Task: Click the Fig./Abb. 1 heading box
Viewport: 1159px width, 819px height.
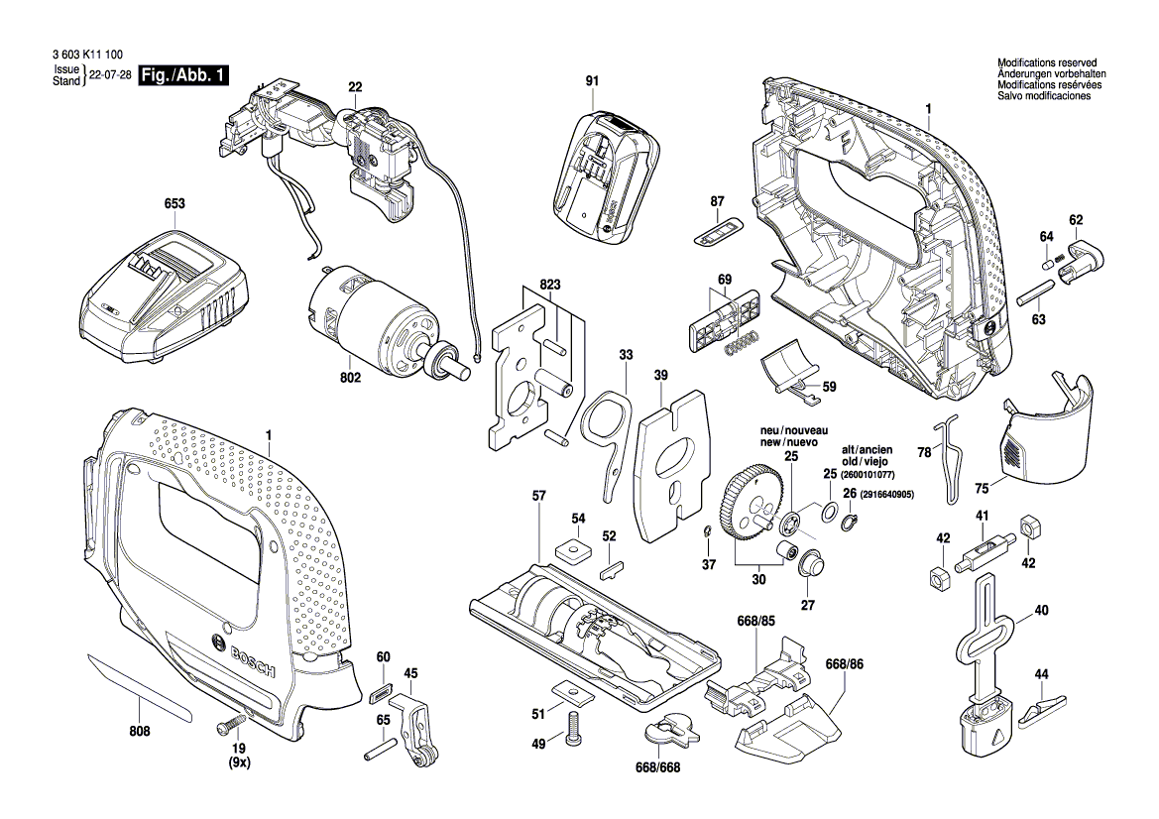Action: point(184,75)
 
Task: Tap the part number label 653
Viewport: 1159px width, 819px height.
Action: point(174,204)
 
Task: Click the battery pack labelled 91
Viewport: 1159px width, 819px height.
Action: point(603,175)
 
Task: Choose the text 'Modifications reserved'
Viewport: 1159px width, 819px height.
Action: point(1047,63)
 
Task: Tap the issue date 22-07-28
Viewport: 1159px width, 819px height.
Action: point(110,75)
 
